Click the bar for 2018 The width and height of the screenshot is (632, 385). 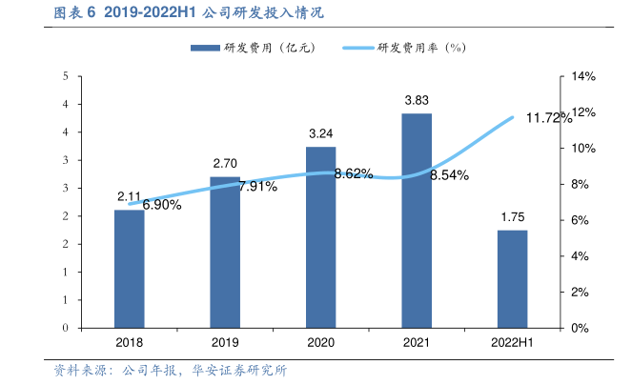click(130, 268)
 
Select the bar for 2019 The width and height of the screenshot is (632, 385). click(225, 252)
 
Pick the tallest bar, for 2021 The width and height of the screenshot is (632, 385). click(417, 220)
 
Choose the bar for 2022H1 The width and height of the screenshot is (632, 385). click(512, 278)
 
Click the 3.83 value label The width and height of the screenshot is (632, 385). click(417, 100)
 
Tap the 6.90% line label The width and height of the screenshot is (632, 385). click(162, 205)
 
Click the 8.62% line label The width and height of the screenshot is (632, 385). click(354, 173)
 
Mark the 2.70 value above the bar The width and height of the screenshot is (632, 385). click(225, 164)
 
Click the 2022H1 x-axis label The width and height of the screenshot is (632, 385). click(512, 341)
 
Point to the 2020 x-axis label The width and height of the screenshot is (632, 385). click(320, 341)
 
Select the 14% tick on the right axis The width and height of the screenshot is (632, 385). click(582, 76)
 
